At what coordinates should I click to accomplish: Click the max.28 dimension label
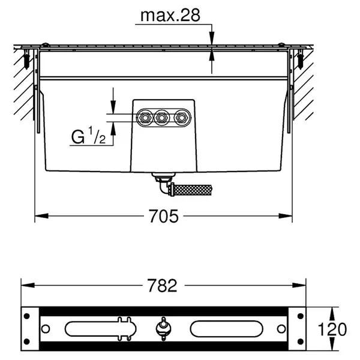click(170, 16)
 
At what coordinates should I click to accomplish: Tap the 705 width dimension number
click(163, 216)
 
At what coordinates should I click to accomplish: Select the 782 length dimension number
click(163, 286)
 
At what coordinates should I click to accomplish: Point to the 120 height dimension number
click(332, 329)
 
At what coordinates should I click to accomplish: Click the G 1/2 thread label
click(88, 137)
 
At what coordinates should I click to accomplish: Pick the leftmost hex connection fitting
click(145, 118)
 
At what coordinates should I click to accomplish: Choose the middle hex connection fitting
click(161, 118)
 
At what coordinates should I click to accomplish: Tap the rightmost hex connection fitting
click(182, 118)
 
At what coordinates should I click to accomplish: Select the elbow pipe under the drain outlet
click(164, 186)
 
